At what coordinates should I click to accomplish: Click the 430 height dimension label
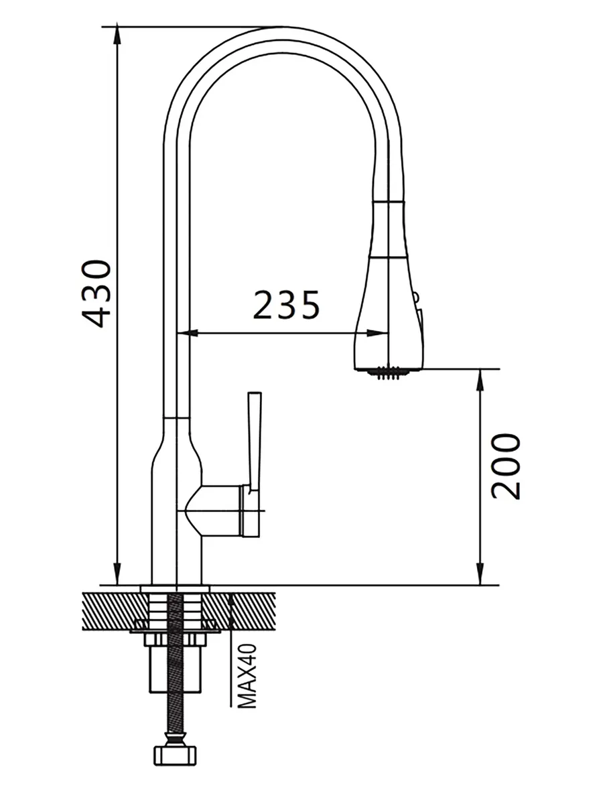[96, 293]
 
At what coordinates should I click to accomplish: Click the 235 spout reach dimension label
[286, 305]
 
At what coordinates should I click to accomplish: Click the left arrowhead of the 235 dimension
[187, 333]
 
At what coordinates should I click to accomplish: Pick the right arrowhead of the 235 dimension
[377, 333]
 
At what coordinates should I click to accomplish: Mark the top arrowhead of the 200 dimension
[480, 379]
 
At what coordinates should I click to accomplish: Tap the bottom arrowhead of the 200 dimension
[480, 575]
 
